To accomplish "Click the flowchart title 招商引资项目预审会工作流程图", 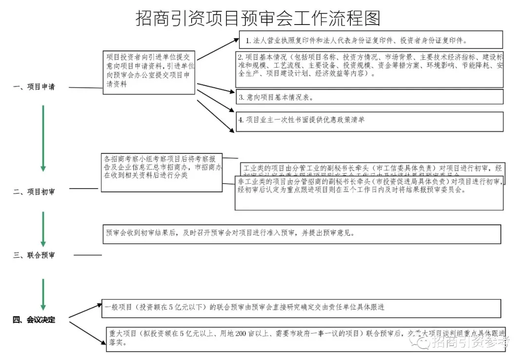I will (x=258, y=18).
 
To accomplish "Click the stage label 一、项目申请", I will (x=34, y=87).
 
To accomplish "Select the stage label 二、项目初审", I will (x=34, y=192).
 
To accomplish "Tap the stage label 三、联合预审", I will (x=34, y=255).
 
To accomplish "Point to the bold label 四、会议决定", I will (x=34, y=320).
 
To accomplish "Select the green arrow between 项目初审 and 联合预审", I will (x=43, y=229).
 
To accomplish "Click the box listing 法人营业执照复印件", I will (x=371, y=40).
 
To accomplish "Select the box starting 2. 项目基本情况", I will (x=369, y=69).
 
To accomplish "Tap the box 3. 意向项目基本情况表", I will (x=369, y=97).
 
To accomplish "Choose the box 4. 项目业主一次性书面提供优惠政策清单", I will (x=369, y=121).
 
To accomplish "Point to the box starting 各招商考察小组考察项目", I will (x=162, y=171).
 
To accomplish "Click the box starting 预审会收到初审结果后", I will (x=302, y=234).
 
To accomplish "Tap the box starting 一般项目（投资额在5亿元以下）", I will (x=302, y=308).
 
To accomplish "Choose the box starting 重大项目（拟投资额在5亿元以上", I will (x=306, y=338).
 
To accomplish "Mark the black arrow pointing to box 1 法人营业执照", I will (x=218, y=49).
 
